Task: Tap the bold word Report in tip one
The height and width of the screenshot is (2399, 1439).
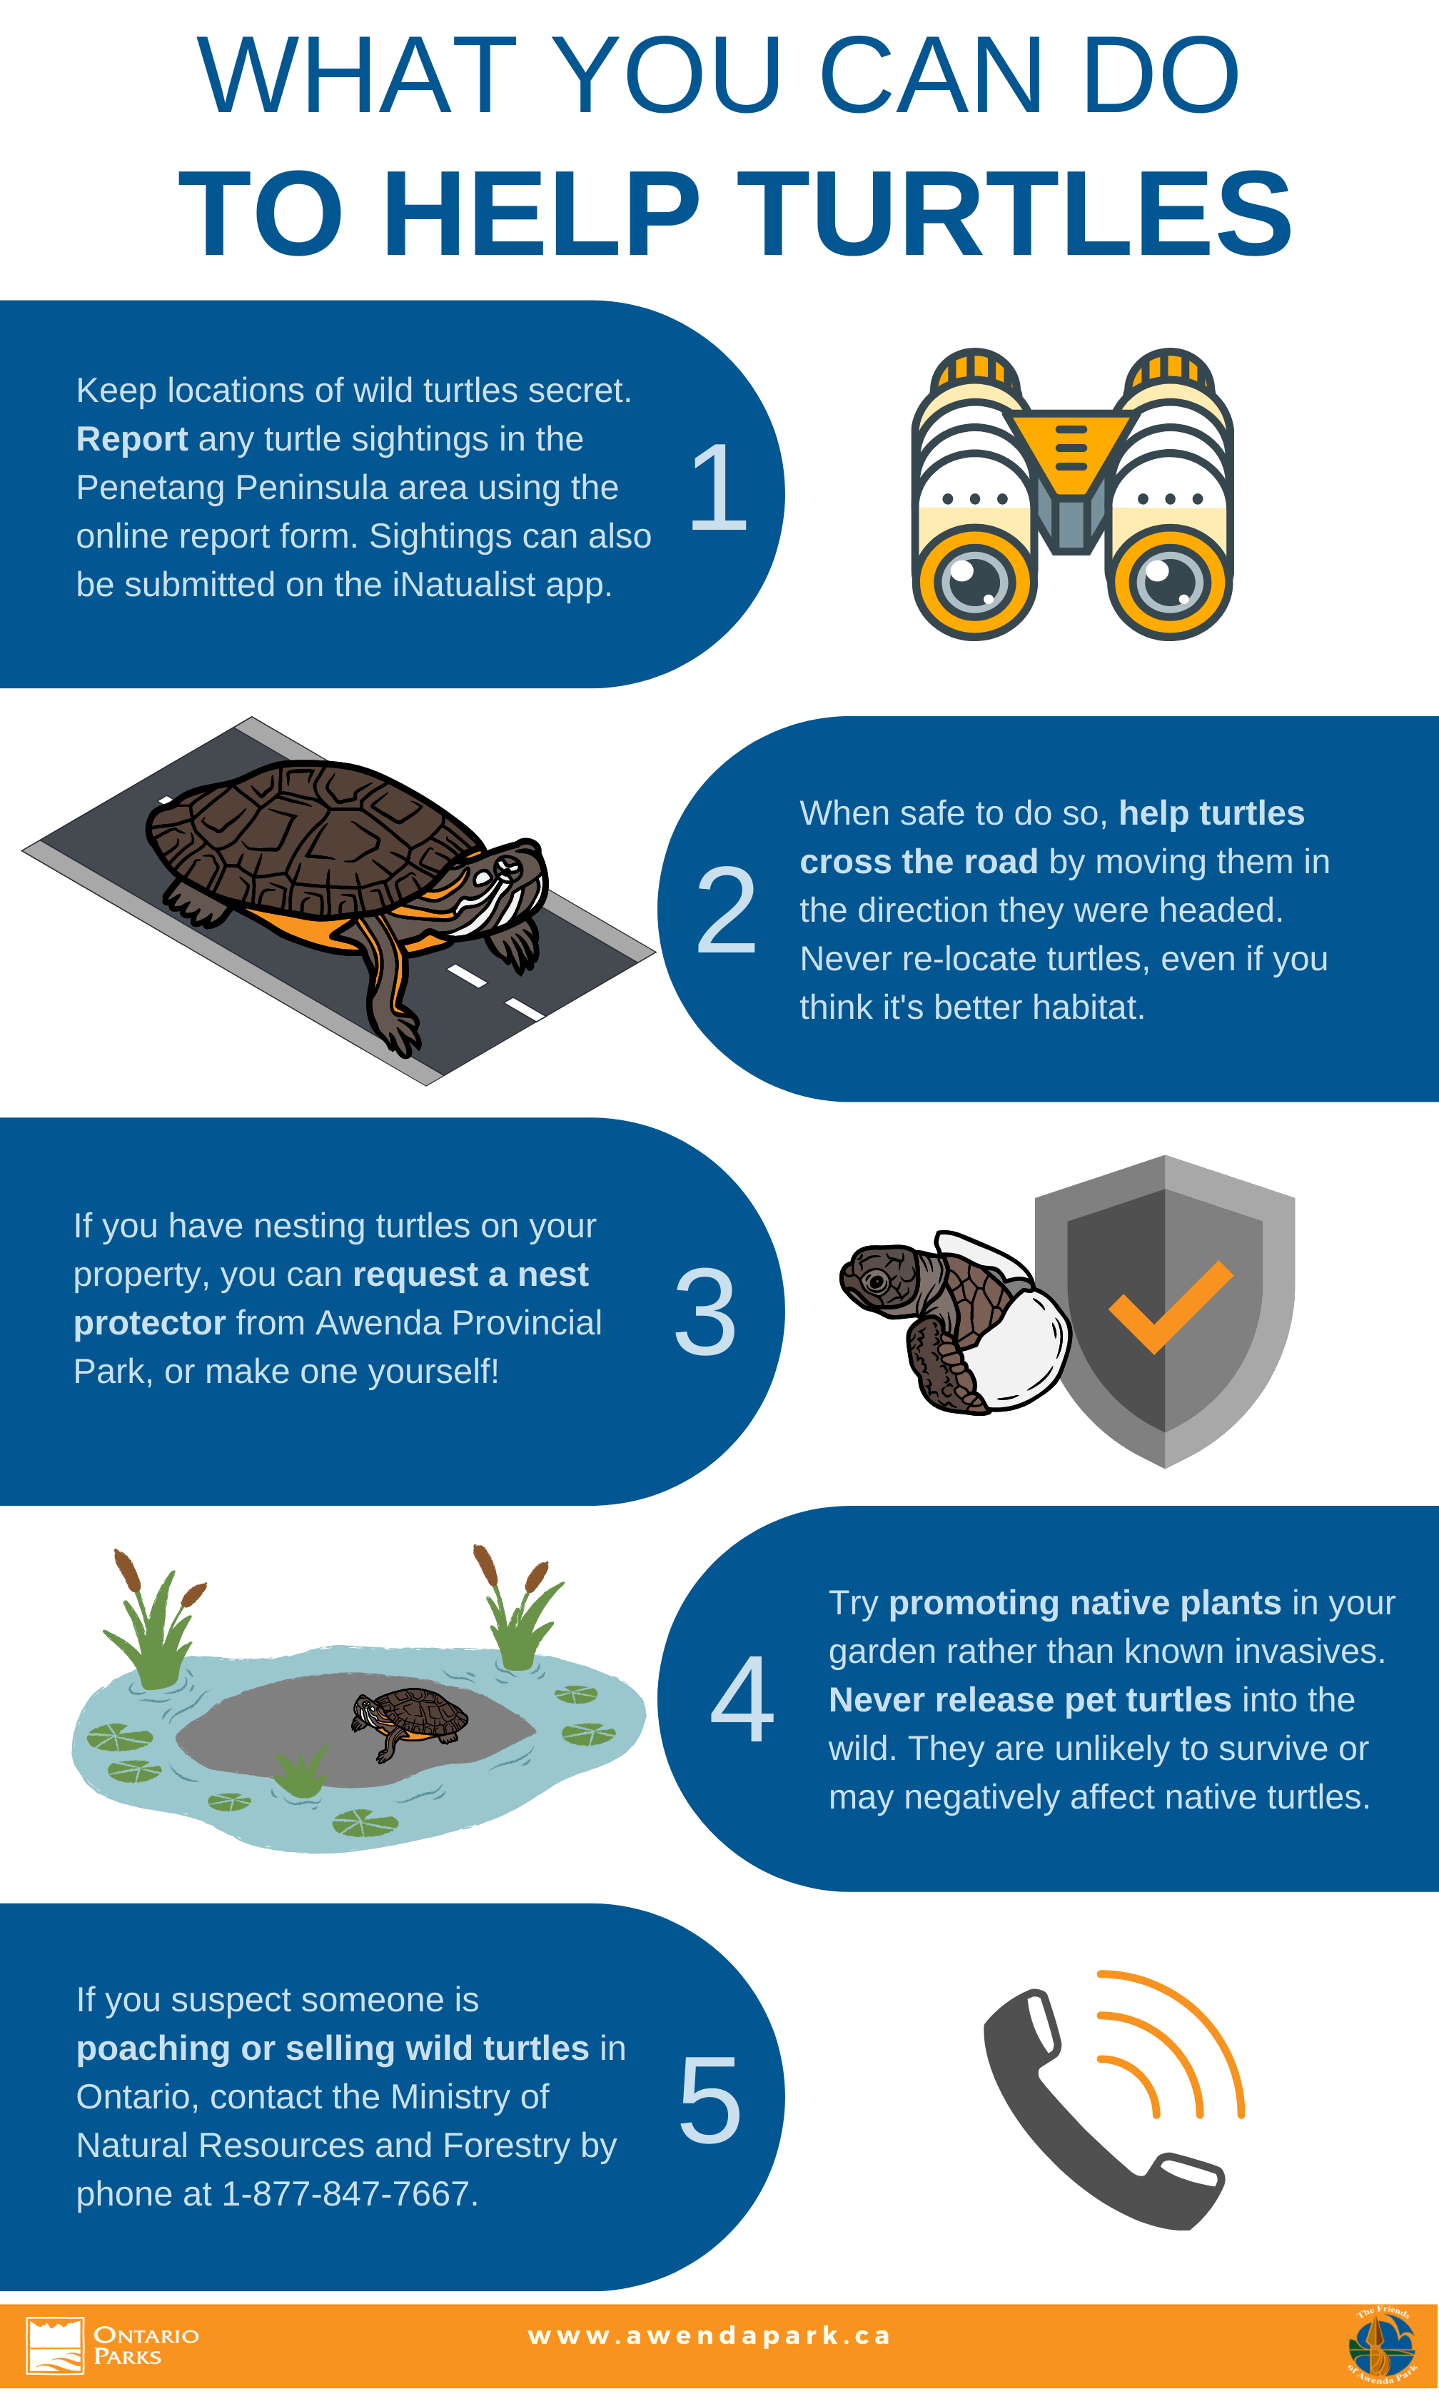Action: pyautogui.click(x=132, y=439)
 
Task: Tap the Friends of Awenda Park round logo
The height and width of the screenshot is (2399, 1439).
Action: pyautogui.click(x=1382, y=2345)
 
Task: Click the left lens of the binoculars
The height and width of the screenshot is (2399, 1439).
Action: pyautogui.click(x=974, y=583)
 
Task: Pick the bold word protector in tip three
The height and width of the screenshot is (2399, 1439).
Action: pyautogui.click(x=149, y=1322)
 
